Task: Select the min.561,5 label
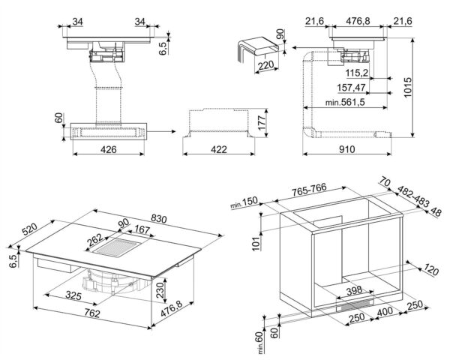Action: [x=334, y=103]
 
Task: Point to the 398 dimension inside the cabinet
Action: [x=354, y=289]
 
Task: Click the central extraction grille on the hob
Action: [x=116, y=245]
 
